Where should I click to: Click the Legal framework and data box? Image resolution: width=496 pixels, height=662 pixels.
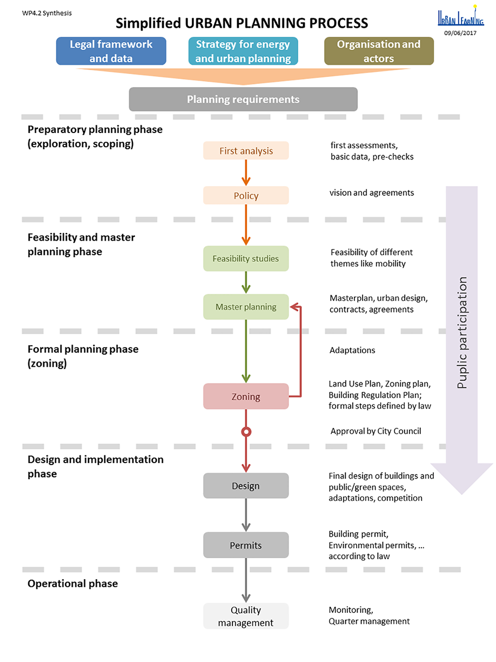111,51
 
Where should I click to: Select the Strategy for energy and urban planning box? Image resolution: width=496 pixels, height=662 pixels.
243,51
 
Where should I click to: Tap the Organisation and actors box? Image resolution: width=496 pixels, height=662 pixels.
379,51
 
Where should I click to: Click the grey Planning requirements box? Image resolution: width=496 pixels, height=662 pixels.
243,100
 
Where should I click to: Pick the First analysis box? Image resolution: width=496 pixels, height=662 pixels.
246,151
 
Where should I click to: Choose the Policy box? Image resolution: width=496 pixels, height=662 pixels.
246,196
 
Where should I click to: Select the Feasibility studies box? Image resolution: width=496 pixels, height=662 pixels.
246,259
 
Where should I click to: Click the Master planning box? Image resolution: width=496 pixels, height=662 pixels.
246,307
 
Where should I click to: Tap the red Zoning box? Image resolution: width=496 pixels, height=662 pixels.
246,396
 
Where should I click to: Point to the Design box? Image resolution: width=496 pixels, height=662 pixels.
246,486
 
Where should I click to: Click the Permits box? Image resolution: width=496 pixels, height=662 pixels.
246,545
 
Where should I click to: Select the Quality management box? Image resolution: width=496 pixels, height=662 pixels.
246,616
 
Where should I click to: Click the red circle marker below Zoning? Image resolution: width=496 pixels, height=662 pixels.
246,432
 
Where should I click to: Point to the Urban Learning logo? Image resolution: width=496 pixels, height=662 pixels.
461,17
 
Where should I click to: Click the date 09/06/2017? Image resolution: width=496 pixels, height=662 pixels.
461,33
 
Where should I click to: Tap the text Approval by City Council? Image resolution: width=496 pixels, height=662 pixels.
376,431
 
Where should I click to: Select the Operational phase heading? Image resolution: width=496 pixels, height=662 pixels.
72,584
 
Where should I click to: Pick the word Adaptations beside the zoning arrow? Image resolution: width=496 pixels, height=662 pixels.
352,350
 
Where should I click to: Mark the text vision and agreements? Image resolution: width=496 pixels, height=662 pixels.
372,193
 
